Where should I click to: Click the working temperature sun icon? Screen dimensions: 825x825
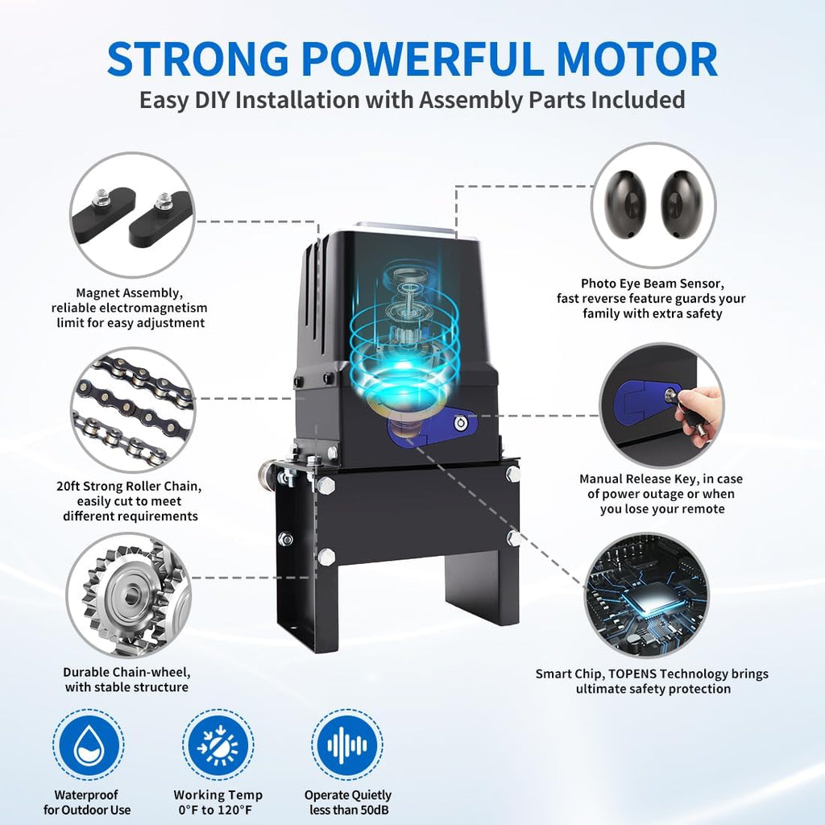218,748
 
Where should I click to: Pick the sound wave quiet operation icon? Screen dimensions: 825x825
348,748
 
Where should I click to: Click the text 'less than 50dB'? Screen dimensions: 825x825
348,810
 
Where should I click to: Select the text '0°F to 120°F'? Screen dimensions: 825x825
218,810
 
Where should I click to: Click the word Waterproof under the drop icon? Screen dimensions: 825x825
87,794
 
